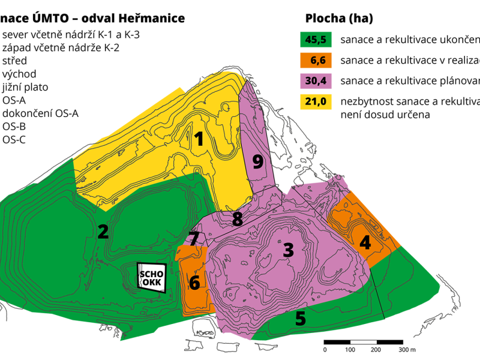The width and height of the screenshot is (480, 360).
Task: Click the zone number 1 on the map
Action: coord(199,140)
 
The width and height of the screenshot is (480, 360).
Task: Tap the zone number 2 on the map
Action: coord(103,232)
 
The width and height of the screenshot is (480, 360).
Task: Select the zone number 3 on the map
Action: coord(289,250)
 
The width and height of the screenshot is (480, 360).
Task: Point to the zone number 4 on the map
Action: coord(365,243)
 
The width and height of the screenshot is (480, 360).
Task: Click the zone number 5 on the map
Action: coord(301,319)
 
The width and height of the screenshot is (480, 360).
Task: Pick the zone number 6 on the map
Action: coord(194,281)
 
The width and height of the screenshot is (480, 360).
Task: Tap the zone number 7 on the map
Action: coord(194,239)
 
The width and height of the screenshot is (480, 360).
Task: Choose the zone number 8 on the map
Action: coord(238,219)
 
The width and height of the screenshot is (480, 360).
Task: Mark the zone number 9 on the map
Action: coord(258,162)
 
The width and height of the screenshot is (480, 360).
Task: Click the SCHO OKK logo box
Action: coord(152,278)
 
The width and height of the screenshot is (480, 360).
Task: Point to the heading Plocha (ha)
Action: coord(339,19)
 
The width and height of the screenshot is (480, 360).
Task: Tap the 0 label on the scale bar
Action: coord(325,349)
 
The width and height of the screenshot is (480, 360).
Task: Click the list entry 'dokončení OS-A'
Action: coord(40,113)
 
